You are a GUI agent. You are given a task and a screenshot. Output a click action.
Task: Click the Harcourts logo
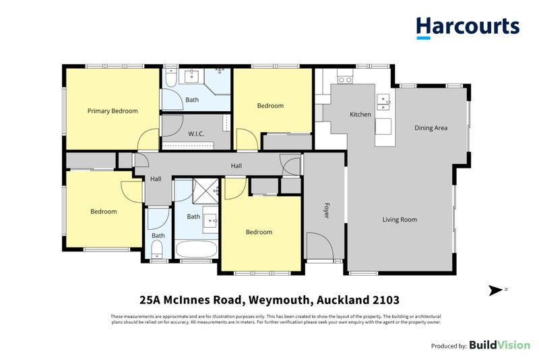(468, 27)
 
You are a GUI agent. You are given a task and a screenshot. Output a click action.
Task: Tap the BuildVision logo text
(499, 344)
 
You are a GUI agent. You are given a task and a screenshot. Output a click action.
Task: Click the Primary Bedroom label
(113, 111)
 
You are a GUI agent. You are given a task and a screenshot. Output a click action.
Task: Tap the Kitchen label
(360, 115)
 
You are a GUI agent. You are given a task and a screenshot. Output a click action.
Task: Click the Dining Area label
(431, 127)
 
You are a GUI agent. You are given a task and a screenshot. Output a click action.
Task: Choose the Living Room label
(400, 219)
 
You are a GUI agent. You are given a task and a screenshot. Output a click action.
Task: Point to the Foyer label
(326, 212)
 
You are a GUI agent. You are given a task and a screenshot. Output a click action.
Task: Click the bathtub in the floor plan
(196, 250)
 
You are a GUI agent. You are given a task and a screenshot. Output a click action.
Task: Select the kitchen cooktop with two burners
(345, 80)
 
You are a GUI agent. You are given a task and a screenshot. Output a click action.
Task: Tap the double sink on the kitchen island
(383, 102)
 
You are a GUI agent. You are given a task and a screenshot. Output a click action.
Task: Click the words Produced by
(449, 345)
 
